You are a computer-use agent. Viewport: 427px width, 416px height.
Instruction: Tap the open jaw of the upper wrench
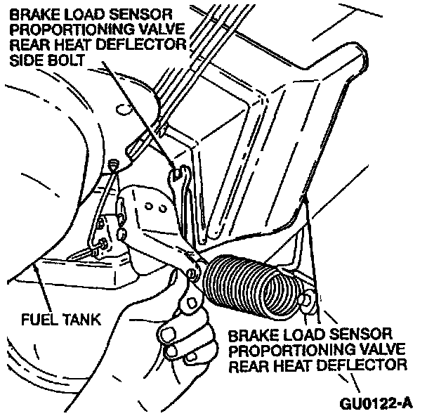click(x=181, y=173)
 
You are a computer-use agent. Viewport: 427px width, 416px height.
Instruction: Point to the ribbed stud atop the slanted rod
click(x=115, y=163)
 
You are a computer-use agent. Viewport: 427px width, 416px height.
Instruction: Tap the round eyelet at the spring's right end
click(x=306, y=302)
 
